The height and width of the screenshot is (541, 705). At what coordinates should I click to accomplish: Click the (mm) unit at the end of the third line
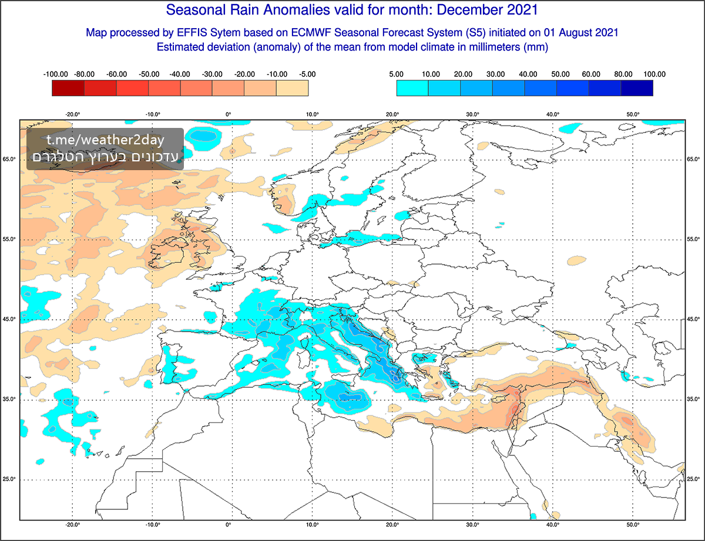tap(535, 48)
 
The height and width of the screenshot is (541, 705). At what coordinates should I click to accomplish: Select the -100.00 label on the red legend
tap(56, 75)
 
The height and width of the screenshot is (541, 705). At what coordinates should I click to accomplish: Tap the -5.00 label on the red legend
tap(307, 75)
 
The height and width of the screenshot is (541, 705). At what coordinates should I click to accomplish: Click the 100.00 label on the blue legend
tap(653, 75)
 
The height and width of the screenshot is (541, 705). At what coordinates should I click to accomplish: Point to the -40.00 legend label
tap(180, 75)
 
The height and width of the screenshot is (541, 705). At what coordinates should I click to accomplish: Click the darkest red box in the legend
tap(68, 88)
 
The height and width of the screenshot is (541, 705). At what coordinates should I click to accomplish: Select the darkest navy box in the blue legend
tap(637, 88)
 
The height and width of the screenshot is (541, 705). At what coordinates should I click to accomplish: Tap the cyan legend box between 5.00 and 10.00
tap(412, 88)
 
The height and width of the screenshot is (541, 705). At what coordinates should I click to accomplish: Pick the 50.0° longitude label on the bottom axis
tap(633, 525)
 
